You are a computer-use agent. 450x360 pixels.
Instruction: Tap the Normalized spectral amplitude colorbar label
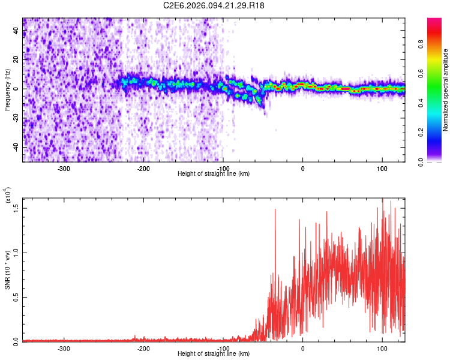tap(446, 90)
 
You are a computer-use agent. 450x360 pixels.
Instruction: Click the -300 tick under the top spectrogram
tap(64, 169)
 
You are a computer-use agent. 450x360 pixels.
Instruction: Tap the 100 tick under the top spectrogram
tap(382, 169)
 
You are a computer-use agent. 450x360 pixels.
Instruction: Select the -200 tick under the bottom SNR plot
tap(143, 349)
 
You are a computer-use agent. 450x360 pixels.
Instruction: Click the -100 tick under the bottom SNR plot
tap(223, 349)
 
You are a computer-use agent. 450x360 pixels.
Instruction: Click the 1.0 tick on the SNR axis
tap(17, 253)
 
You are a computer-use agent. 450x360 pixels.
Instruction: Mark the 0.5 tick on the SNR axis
tap(17, 297)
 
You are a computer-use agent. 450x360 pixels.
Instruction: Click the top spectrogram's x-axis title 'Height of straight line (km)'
tap(214, 173)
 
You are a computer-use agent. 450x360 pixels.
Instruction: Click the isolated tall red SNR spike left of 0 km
tap(275, 210)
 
